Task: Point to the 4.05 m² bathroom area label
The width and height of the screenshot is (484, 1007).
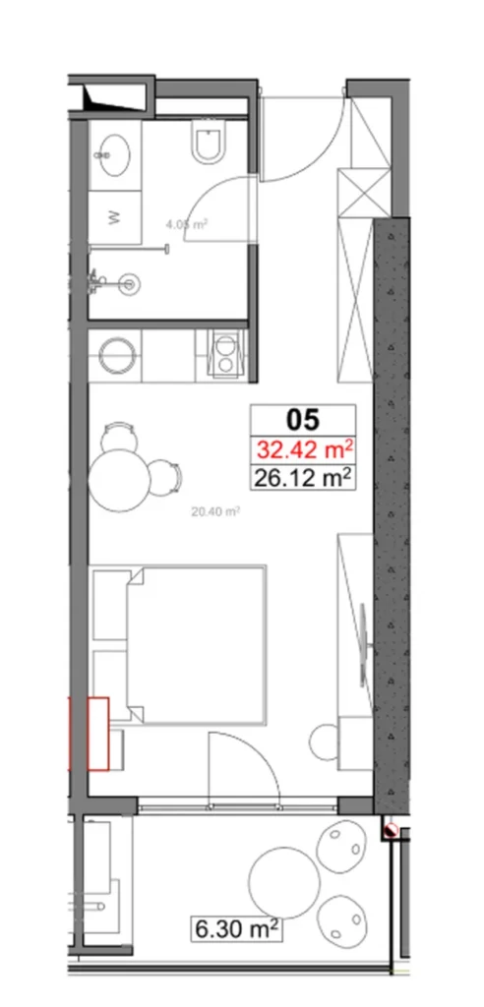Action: point(185,224)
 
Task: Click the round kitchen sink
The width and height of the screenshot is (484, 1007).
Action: point(116,355)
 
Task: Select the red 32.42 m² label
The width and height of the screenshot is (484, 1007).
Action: point(304,450)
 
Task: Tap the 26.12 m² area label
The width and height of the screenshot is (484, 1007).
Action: point(304,479)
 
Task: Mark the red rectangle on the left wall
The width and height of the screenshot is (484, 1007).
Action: point(97,732)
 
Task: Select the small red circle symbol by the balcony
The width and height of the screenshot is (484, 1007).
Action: point(391,831)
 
